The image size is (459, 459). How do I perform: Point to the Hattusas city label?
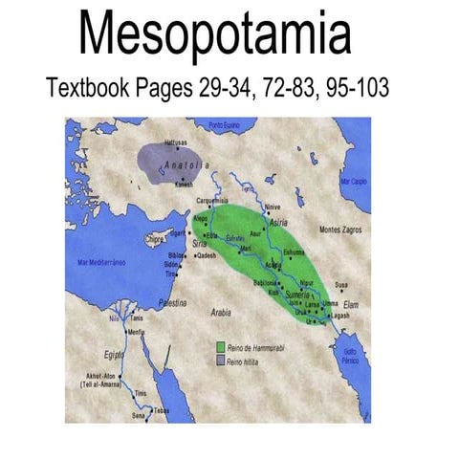(164, 142)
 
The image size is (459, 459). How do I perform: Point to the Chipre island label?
(155, 239)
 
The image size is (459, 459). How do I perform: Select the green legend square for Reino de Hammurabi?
(221, 345)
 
